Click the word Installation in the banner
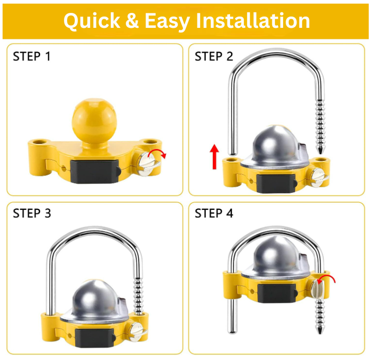pyautogui.click(x=253, y=21)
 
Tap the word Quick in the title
pyautogui.click(x=92, y=22)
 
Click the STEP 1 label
pyautogui.click(x=32, y=56)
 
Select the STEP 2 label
pyautogui.click(x=214, y=56)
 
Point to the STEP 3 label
pyautogui.click(x=32, y=213)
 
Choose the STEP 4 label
pyautogui.click(x=214, y=213)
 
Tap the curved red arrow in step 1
pyautogui.click(x=157, y=153)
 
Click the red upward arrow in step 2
pyautogui.click(x=215, y=156)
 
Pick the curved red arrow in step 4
pyautogui.click(x=326, y=278)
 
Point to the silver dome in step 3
pyautogui.click(x=94, y=301)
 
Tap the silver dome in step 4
pyautogui.click(x=275, y=256)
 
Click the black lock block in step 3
pyautogui.click(x=94, y=338)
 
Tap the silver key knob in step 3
pyautogui.click(x=138, y=332)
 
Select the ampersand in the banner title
pyautogui.click(x=132, y=21)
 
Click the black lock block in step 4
pyautogui.click(x=277, y=293)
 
